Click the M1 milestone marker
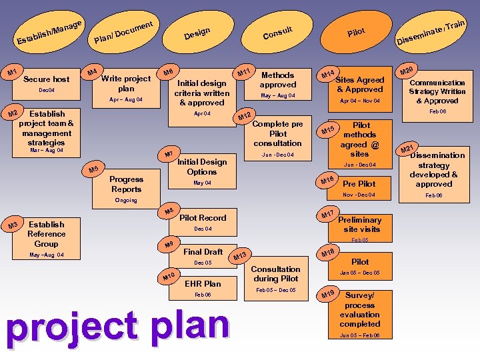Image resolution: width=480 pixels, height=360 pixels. click(11, 72)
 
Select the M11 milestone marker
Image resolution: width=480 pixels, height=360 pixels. click(244, 71)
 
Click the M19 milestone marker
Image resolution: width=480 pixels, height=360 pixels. click(327, 295)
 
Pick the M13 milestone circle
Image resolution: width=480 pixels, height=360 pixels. click(241, 256)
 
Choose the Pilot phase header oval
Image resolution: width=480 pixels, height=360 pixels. click(356, 32)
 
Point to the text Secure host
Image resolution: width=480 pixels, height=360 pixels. click(46, 79)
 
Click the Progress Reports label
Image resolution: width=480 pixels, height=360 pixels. click(126, 184)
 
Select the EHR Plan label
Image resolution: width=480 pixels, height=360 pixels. click(203, 283)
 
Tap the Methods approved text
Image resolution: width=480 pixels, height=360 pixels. click(278, 80)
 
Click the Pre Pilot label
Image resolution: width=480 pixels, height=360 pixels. click(359, 183)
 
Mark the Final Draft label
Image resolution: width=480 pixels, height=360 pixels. click(203, 251)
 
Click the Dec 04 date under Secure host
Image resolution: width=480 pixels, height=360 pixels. click(46, 90)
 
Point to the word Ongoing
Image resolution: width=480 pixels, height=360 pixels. click(126, 200)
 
